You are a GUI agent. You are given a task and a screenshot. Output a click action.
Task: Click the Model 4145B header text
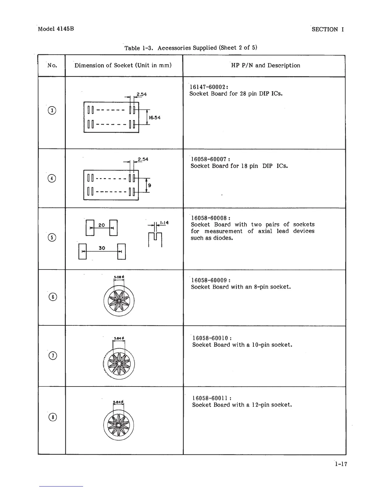[x=56, y=29]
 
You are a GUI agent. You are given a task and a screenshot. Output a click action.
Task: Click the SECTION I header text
[x=328, y=29]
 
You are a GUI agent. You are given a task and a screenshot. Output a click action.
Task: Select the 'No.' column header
[x=52, y=65]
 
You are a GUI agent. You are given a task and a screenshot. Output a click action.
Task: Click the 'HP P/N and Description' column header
[x=265, y=65]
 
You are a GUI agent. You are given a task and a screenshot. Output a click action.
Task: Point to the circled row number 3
[x=52, y=110]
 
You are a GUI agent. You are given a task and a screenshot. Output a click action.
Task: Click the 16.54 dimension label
[x=155, y=118]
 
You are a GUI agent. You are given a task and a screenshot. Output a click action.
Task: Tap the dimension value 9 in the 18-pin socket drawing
[x=149, y=186]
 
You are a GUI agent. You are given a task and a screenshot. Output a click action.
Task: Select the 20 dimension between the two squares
[x=102, y=225]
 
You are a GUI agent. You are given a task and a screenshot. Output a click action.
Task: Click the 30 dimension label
[x=102, y=248]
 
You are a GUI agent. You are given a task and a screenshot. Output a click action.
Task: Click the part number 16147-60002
[x=208, y=87]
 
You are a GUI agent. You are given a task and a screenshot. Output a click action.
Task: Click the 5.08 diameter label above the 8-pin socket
[x=119, y=277]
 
